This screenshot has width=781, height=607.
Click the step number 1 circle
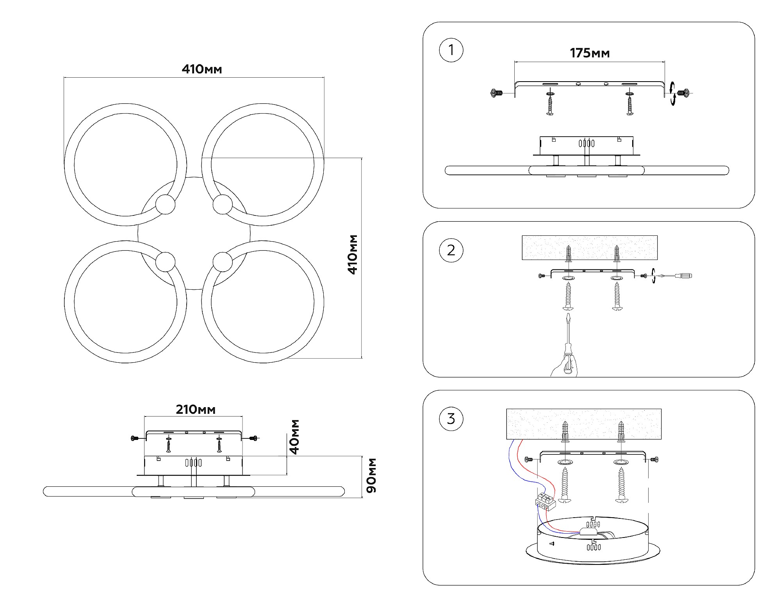click(451, 50)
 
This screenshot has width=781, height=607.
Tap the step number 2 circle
click(451, 250)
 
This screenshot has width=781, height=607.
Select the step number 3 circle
click(451, 419)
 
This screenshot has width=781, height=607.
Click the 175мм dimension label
click(590, 53)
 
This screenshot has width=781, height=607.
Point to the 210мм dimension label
click(196, 409)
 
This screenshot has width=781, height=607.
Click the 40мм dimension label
click(295, 437)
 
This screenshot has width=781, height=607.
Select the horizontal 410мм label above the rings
click(201, 69)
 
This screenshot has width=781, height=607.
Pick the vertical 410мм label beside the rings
click(353, 255)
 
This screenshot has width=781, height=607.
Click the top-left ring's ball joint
click(165, 204)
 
